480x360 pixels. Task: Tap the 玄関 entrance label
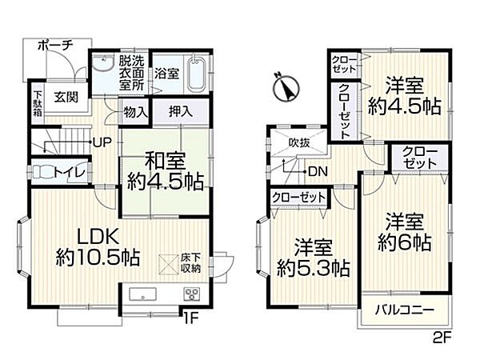tap(66, 98)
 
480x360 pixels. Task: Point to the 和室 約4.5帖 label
tap(165, 170)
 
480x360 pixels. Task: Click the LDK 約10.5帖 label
tap(98, 247)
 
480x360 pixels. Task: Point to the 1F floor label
tap(191, 318)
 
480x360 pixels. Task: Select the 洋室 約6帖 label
tap(406, 230)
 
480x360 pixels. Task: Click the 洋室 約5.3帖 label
tap(312, 256)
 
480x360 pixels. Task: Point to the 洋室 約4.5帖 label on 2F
tap(404, 95)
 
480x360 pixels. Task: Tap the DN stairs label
tap(317, 170)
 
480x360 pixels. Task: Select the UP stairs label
tap(102, 142)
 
